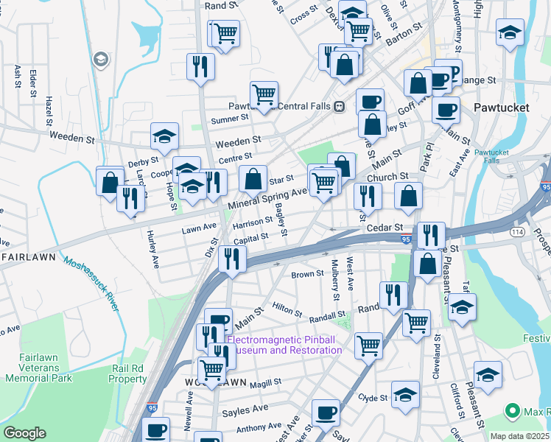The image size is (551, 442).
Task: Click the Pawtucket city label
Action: pyautogui.click(x=500, y=108)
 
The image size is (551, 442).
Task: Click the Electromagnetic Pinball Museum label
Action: pyautogui.click(x=284, y=345)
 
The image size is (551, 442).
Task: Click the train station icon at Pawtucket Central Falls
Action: pyautogui.click(x=339, y=105)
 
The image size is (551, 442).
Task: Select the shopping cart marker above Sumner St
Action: pyautogui.click(x=264, y=94)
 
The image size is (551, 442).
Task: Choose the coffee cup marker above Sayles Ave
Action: pyautogui.click(x=326, y=412)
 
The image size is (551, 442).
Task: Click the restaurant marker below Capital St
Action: pyautogui.click(x=232, y=259)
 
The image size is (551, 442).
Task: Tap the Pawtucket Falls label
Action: pyautogui.click(x=486, y=156)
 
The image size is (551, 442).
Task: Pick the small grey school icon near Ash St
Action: pyautogui.click(x=101, y=59)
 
